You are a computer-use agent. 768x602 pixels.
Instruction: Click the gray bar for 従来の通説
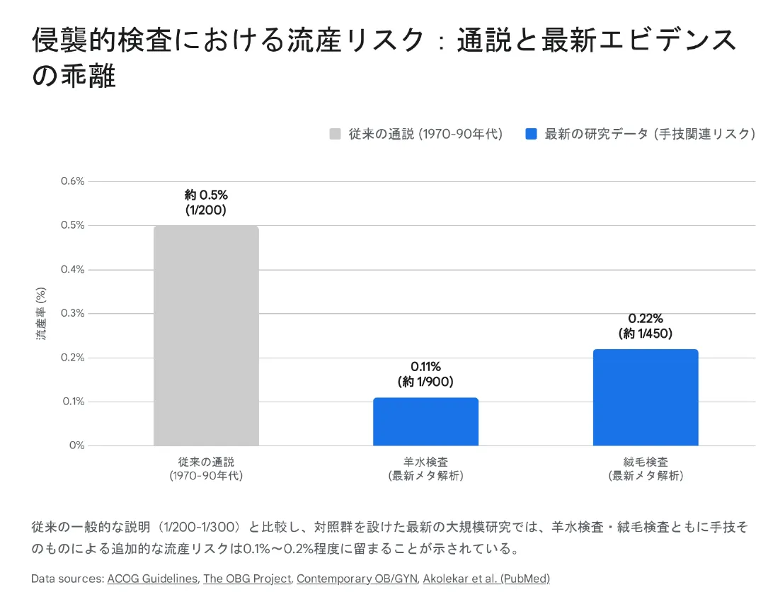pyautogui.click(x=206, y=336)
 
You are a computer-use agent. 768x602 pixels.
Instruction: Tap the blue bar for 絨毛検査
pyautogui.click(x=645, y=397)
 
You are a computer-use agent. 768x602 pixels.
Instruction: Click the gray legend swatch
pyautogui.click(x=336, y=134)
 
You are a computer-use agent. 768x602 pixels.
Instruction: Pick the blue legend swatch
pyautogui.click(x=531, y=134)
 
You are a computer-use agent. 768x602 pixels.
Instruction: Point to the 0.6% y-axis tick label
pyautogui.click(x=71, y=181)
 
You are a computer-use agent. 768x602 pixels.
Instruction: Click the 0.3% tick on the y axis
pyautogui.click(x=71, y=313)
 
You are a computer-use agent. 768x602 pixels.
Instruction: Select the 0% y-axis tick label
pyautogui.click(x=76, y=445)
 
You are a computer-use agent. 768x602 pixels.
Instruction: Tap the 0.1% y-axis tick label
pyautogui.click(x=71, y=402)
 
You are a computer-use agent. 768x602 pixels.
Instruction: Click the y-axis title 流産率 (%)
pyautogui.click(x=41, y=313)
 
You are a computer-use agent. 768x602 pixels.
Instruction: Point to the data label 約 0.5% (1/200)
pyautogui.click(x=206, y=202)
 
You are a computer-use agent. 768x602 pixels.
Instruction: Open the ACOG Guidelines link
pyautogui.click(x=152, y=579)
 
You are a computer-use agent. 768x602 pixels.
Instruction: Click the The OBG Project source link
pyautogui.click(x=247, y=579)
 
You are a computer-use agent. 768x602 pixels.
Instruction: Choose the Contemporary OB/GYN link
pyautogui.click(x=357, y=579)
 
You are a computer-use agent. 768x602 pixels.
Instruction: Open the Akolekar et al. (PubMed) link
pyautogui.click(x=486, y=579)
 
